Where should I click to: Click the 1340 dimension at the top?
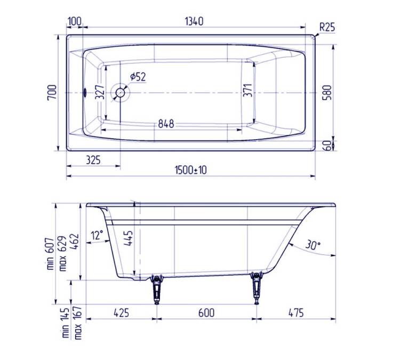[x=194, y=21]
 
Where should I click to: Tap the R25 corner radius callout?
[x=327, y=27]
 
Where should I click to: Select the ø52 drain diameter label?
[x=138, y=77]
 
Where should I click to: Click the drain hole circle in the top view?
[x=120, y=93]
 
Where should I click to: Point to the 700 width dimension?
[x=52, y=92]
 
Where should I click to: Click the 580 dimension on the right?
[x=327, y=92]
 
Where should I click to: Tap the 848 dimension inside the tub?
[x=166, y=124]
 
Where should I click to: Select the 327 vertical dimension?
[x=100, y=92]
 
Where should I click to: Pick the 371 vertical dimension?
[x=247, y=90]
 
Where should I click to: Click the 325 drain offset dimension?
[x=93, y=160]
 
